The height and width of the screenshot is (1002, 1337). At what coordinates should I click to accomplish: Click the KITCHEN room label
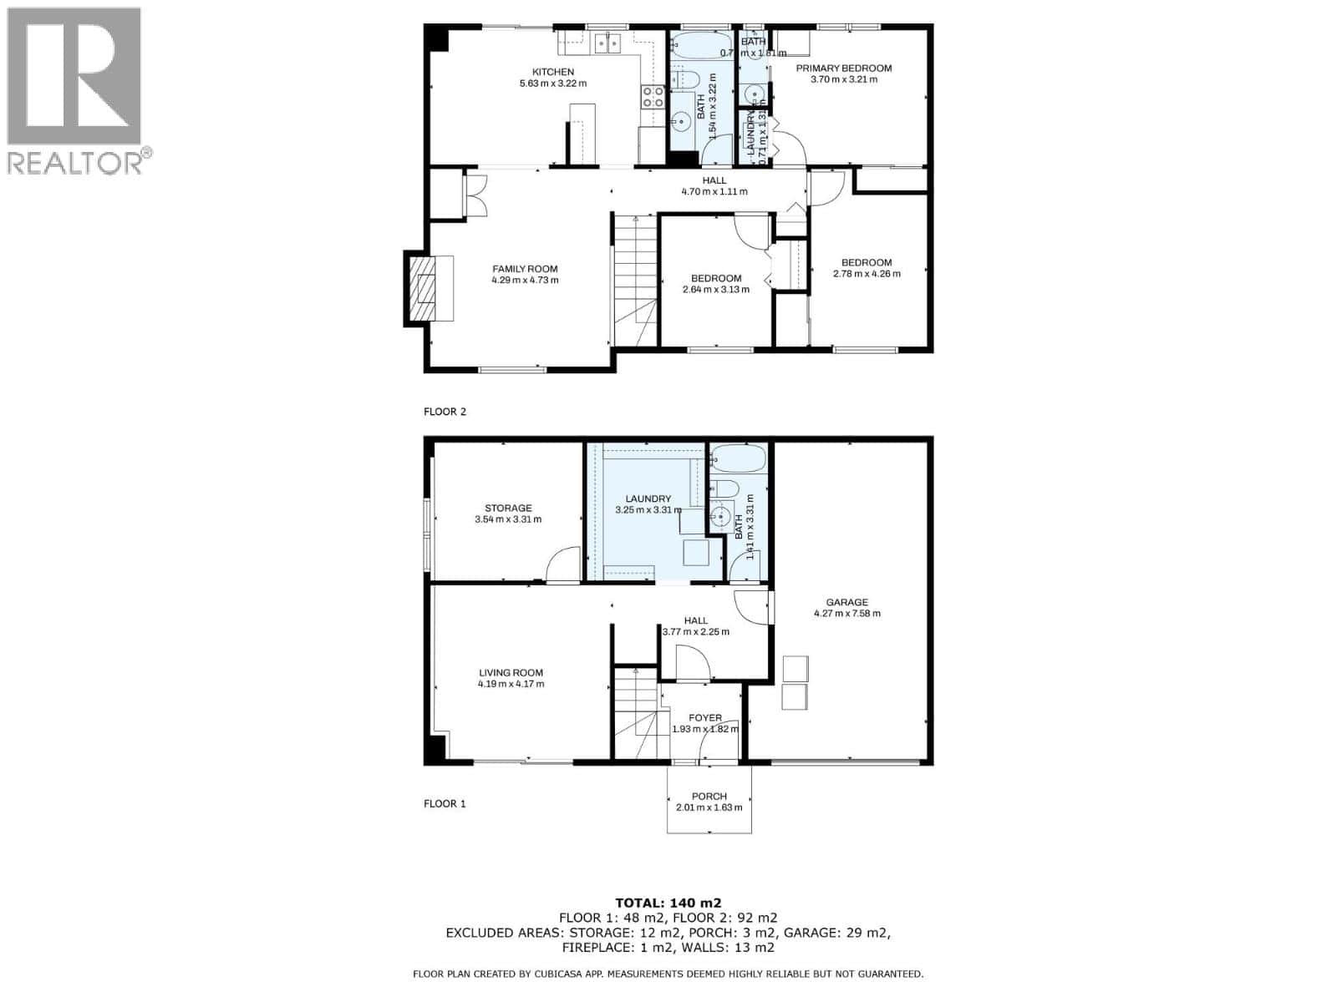pos(552,72)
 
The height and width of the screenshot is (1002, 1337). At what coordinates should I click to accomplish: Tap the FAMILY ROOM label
pos(525,269)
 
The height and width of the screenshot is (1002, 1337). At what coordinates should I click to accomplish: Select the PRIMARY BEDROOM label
pos(843,68)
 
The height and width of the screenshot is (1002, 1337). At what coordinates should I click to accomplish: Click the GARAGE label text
pos(846,602)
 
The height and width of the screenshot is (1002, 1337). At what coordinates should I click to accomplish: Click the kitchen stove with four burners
pos(653,97)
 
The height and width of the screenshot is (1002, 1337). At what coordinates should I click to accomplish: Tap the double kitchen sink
pos(607,43)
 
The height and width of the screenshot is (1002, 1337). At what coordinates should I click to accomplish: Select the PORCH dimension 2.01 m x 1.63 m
pos(709,807)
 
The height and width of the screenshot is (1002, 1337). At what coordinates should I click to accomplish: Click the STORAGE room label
pos(508,508)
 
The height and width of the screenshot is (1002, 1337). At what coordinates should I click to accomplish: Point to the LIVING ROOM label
pos(511,672)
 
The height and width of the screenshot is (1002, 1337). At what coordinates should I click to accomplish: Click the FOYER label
pos(704,717)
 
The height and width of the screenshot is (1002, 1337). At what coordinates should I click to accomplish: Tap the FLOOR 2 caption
pos(445,412)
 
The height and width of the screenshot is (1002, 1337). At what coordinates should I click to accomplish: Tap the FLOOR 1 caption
pos(445,803)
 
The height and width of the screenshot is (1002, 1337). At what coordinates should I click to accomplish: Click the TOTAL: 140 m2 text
pos(668,902)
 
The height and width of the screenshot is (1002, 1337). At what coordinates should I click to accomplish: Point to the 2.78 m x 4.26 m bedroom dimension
pos(867,273)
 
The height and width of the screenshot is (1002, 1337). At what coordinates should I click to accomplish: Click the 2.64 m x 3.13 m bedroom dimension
pos(716,290)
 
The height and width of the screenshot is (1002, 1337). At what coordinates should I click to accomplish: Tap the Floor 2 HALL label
pos(714,180)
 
